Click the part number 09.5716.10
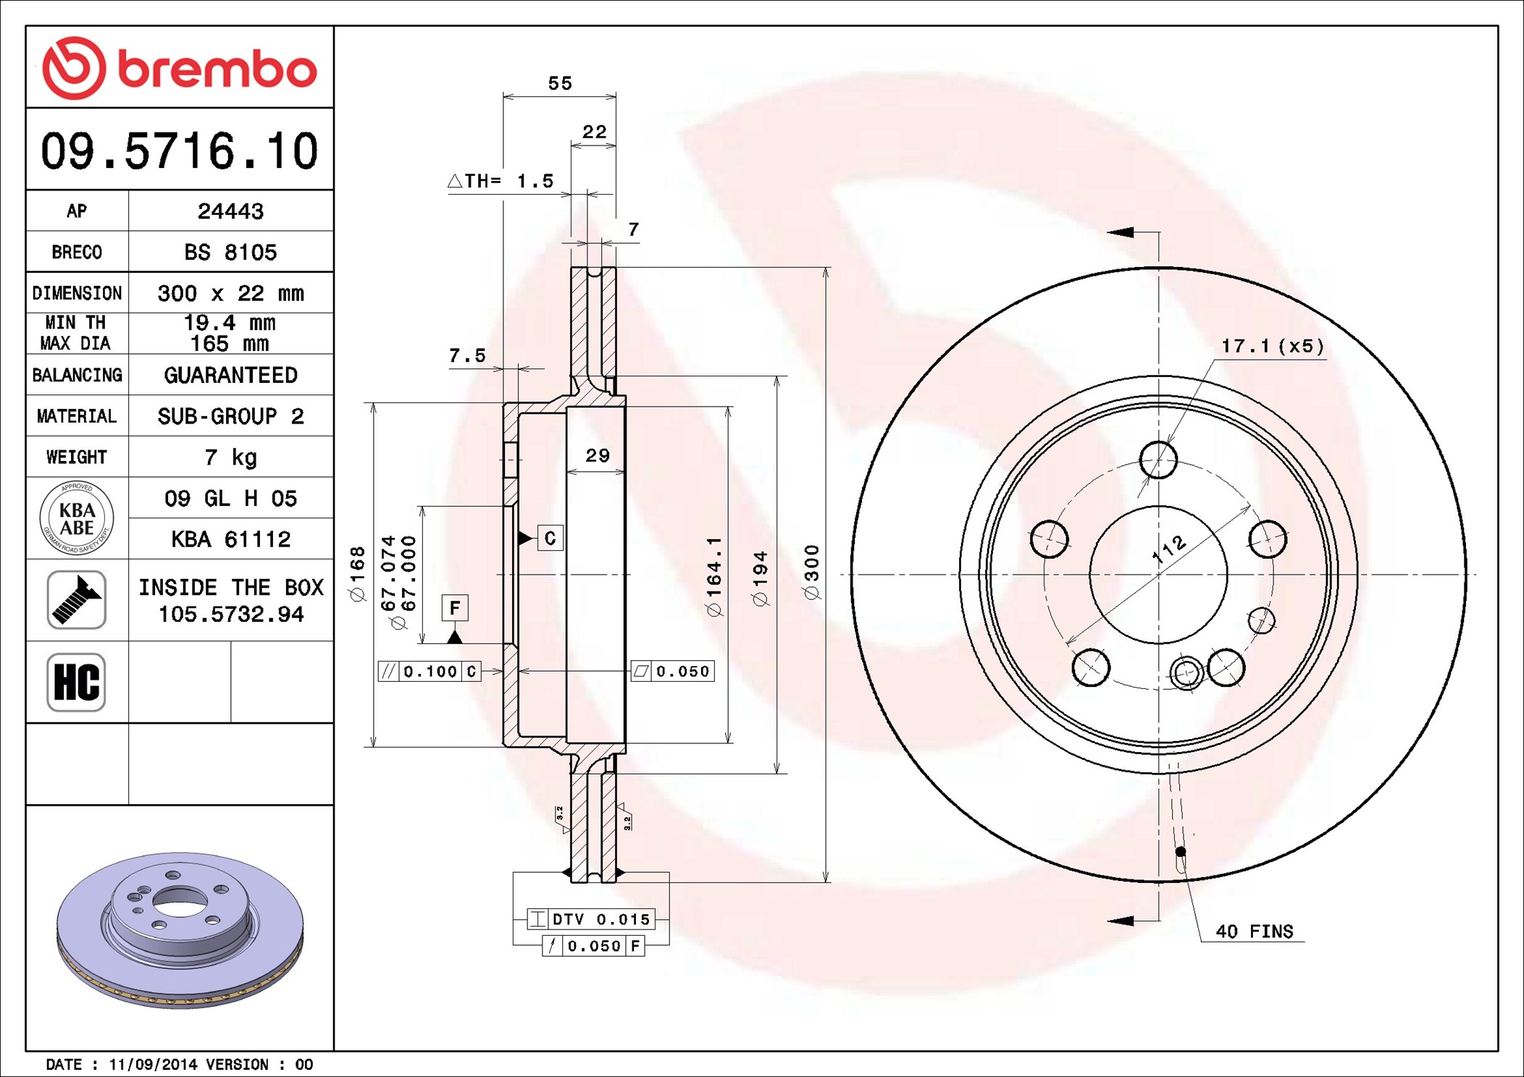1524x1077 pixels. pyautogui.click(x=180, y=151)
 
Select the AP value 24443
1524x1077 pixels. pyautogui.click(x=230, y=211)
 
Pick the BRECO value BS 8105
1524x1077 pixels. pyautogui.click(x=230, y=252)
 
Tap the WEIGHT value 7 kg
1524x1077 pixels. pyautogui.click(x=230, y=457)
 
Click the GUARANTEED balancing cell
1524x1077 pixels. pyautogui.click(x=230, y=375)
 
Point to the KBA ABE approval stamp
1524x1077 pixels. pyautogui.click(x=77, y=518)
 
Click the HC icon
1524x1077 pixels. pyautogui.click(x=76, y=682)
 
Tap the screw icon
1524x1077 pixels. pyautogui.click(x=76, y=599)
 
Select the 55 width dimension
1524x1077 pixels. pyautogui.click(x=560, y=83)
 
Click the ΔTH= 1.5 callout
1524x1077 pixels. pyautogui.click(x=501, y=181)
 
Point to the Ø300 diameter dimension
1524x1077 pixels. pyautogui.click(x=812, y=573)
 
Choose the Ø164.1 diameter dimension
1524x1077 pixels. pyautogui.click(x=714, y=577)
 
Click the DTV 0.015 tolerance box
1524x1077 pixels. pyautogui.click(x=591, y=919)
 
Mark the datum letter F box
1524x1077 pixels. pyautogui.click(x=455, y=607)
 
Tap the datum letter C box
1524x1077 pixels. pyautogui.click(x=550, y=538)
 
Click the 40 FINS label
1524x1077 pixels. pyautogui.click(x=1255, y=932)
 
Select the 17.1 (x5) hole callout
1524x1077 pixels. pyautogui.click(x=1273, y=346)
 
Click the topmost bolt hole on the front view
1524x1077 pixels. pyautogui.click(x=1158, y=460)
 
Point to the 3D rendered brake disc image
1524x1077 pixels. pyautogui.click(x=180, y=930)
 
